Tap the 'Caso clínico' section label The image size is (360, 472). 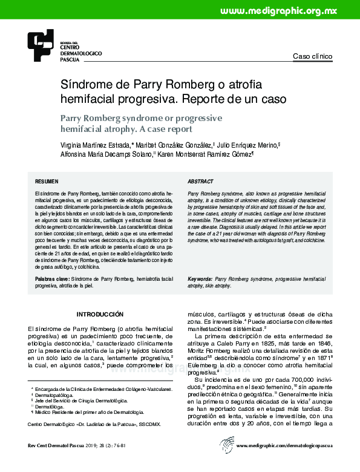pyautogui.click(x=312, y=56)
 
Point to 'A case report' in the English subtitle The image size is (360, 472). pyautogui.click(x=162, y=129)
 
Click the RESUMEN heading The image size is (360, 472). pyautogui.click(x=47, y=181)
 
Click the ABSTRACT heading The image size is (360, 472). pyautogui.click(x=200, y=181)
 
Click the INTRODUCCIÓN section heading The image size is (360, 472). pyautogui.click(x=100, y=314)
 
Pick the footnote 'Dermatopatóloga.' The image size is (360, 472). pyautogui.click(x=57, y=394)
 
